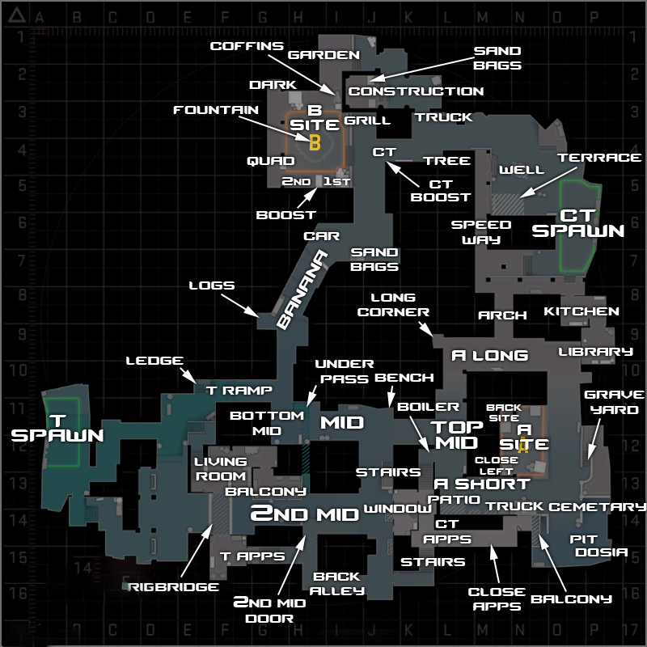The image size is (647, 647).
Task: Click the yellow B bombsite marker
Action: tap(315, 142)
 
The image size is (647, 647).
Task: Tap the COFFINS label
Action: tap(247, 46)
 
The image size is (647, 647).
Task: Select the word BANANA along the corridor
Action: tap(302, 290)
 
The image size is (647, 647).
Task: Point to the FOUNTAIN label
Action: tap(216, 110)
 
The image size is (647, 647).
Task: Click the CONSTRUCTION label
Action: tap(416, 91)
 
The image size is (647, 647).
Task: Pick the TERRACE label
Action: tap(599, 157)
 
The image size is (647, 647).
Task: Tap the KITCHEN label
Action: tap(581, 311)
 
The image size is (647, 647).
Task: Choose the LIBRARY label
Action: tap(595, 352)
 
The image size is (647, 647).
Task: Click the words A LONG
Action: tap(490, 355)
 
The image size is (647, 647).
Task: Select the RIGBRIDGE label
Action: tap(173, 587)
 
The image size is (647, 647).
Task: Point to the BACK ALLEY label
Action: tap(337, 583)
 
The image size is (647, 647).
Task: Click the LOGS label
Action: tap(212, 285)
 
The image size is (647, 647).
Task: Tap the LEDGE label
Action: tap(154, 360)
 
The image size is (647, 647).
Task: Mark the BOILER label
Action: tap(428, 407)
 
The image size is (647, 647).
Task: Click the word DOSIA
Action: tap(602, 552)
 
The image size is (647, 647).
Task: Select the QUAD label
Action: tap(271, 160)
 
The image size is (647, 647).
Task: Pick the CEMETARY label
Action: tap(597, 506)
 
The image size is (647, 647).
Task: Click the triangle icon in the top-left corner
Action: tap(17, 15)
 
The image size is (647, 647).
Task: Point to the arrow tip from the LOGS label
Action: tap(259, 317)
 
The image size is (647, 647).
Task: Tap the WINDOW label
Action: tap(397, 509)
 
